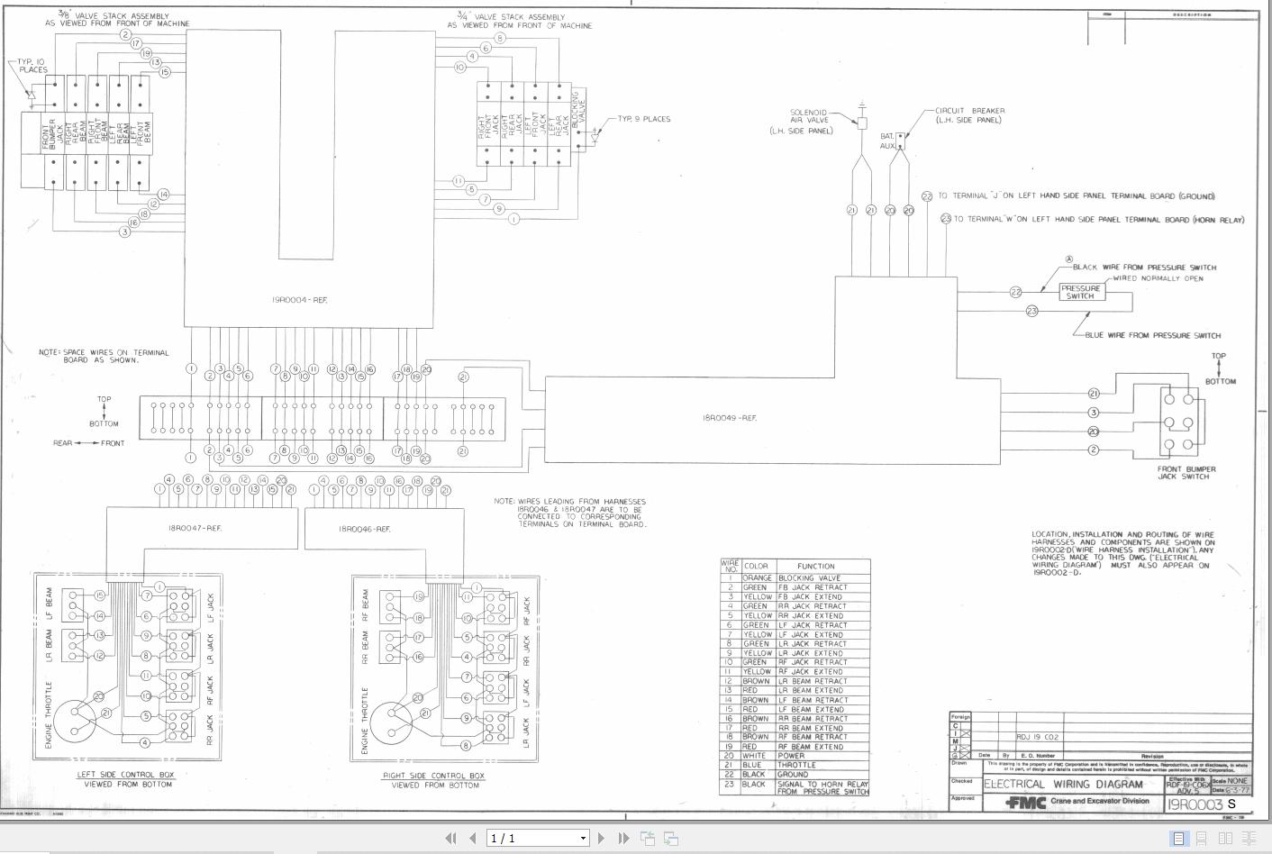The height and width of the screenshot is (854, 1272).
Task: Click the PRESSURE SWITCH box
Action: (x=1080, y=292)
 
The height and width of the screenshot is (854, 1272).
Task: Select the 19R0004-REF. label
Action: (x=300, y=300)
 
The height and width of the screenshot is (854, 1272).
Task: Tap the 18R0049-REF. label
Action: (x=730, y=418)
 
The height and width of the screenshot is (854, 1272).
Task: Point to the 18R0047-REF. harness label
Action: (x=195, y=528)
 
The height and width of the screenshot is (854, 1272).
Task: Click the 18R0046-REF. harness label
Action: (x=364, y=529)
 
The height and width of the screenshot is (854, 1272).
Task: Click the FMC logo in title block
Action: (x=1025, y=803)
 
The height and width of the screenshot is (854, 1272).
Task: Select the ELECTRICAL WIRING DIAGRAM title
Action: (x=1063, y=784)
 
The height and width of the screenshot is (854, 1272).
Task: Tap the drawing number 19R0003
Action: (x=1195, y=804)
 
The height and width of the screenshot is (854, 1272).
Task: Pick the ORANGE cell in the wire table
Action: (x=757, y=578)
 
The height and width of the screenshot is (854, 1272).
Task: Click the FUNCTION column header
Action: (x=815, y=566)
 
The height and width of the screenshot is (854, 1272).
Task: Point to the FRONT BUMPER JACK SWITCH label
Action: (x=1186, y=473)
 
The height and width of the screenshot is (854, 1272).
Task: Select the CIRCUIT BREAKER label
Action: (x=969, y=115)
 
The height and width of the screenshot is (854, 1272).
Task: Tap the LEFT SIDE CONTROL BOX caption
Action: (x=126, y=775)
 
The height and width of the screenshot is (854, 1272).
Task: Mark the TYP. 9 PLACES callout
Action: (x=643, y=119)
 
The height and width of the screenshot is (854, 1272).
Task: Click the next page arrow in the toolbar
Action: (x=601, y=839)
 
